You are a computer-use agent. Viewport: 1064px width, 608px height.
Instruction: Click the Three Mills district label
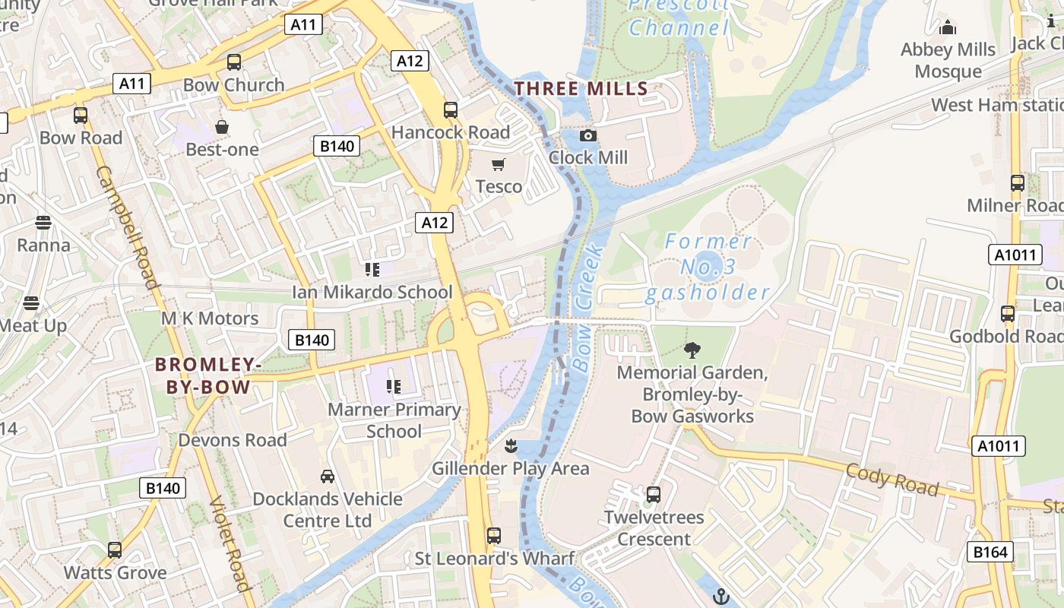point(581,89)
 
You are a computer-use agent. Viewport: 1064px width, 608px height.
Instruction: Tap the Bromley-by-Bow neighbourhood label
point(208,376)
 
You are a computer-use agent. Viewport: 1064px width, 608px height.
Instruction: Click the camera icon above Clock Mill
point(587,136)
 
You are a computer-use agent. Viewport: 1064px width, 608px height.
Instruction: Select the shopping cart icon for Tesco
point(499,165)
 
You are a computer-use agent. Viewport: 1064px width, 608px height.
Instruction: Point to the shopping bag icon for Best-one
point(222,127)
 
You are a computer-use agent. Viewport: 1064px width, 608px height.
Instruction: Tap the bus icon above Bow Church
point(234,62)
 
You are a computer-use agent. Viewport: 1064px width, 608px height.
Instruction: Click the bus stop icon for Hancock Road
point(451,110)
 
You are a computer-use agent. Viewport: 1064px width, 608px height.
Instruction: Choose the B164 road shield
point(990,552)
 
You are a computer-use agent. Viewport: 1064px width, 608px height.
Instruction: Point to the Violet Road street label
point(229,543)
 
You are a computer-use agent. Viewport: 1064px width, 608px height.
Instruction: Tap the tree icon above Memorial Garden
point(692,350)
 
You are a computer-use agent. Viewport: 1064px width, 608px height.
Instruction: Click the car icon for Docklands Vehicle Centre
point(328,477)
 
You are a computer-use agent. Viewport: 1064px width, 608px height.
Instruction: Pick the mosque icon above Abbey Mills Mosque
point(948,28)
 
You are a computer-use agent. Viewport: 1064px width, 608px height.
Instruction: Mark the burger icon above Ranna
point(43,223)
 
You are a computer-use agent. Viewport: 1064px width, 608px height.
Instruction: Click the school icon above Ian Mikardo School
point(372,270)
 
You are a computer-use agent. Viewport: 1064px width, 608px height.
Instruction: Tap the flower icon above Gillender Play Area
point(511,445)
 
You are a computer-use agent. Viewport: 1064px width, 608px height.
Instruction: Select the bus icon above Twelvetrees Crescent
point(653,495)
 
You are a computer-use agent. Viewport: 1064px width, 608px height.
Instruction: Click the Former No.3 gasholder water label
point(708,267)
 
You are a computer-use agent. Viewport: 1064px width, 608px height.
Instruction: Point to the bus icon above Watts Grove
point(115,549)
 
